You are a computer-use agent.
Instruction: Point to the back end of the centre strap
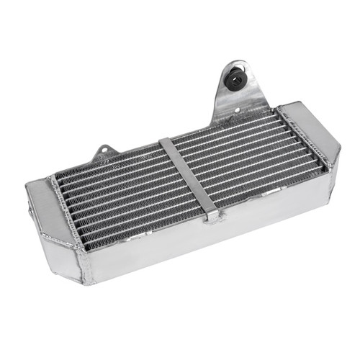tap(166, 140)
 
